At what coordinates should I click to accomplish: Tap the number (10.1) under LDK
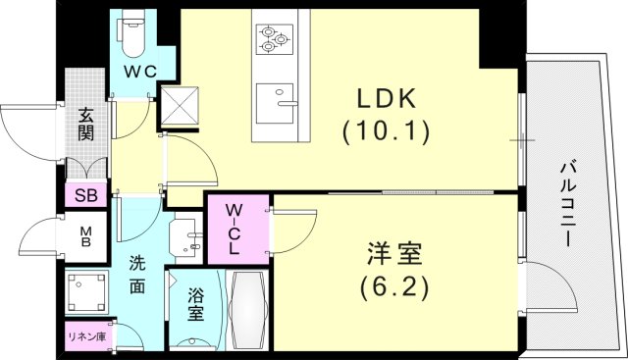[x=385, y=130]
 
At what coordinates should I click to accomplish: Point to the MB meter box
[x=85, y=237]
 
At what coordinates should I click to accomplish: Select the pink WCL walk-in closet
[x=237, y=229]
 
